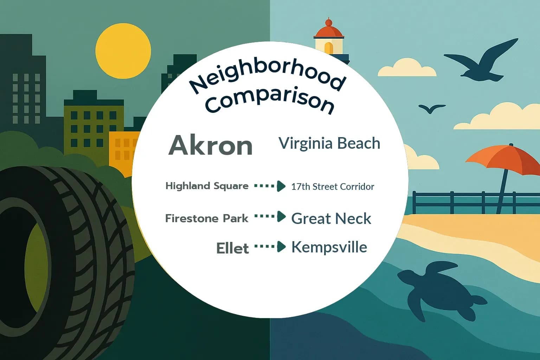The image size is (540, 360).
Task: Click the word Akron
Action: click(x=211, y=145)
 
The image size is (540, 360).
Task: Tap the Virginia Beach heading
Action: click(x=329, y=143)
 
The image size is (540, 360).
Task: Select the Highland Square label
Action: click(x=207, y=186)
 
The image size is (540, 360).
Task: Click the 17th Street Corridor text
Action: click(x=333, y=187)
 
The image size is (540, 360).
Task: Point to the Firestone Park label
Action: click(x=207, y=218)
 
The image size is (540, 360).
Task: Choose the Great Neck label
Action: click(x=331, y=218)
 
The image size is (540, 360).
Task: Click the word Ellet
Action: click(x=232, y=248)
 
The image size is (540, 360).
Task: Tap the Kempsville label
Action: click(x=329, y=247)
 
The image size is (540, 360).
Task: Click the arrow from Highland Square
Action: click(x=270, y=186)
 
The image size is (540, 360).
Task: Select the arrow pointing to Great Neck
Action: click(x=270, y=217)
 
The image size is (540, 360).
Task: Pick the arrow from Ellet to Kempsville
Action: click(x=270, y=247)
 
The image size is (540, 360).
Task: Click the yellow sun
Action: click(x=123, y=51)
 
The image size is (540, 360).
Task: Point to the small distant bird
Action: click(x=431, y=108)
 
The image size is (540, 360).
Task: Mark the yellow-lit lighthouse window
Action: click(x=328, y=48)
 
